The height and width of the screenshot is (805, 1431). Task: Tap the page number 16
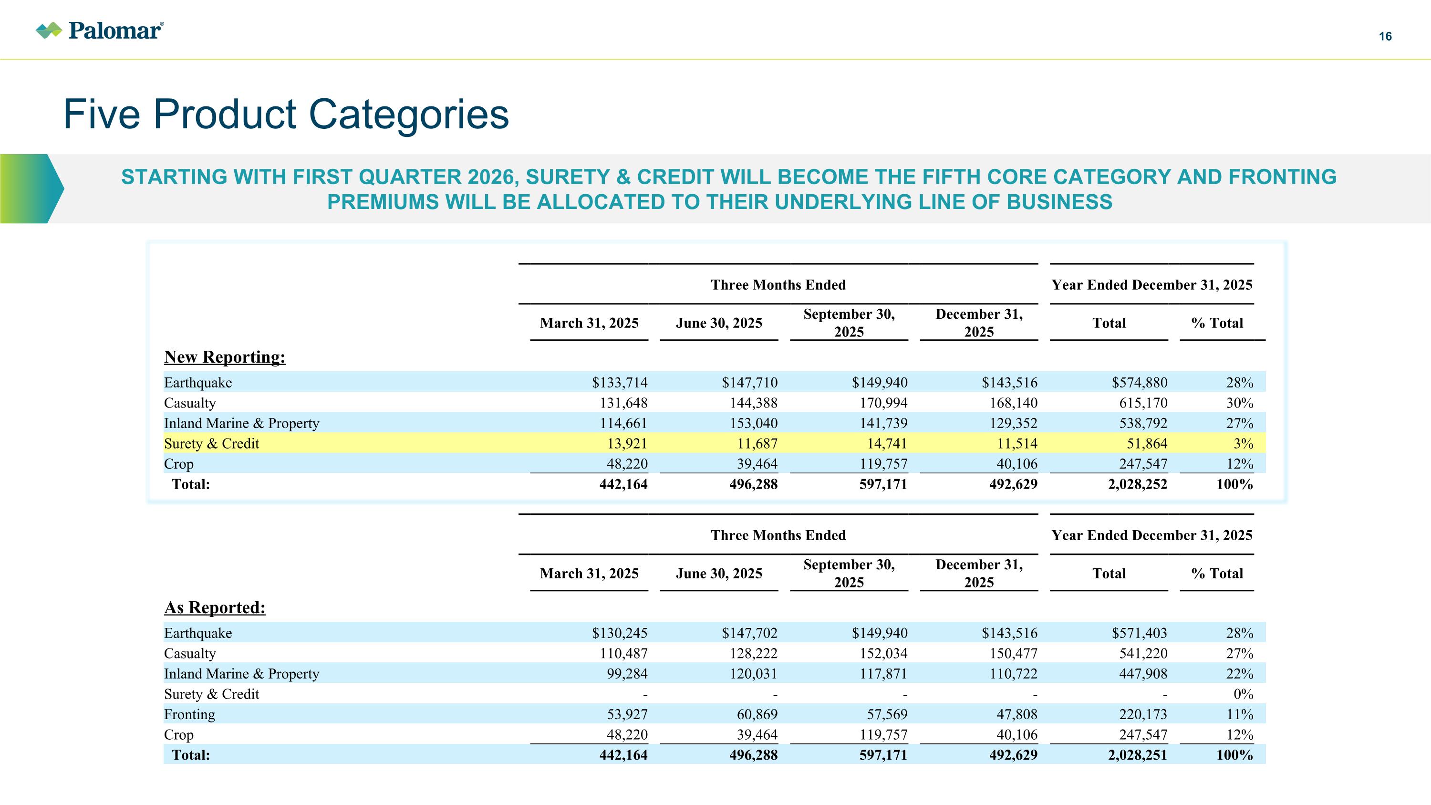[x=1385, y=37]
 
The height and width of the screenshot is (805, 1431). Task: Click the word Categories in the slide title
[x=408, y=115]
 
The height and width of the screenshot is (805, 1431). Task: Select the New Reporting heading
[x=224, y=356]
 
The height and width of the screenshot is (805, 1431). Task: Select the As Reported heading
[x=215, y=607]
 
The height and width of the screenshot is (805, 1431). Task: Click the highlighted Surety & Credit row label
[x=212, y=443]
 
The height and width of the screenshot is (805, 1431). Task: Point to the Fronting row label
[x=189, y=714]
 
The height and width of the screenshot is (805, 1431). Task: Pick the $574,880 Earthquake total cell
[x=1140, y=382]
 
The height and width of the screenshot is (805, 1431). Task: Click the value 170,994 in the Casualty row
[x=883, y=403]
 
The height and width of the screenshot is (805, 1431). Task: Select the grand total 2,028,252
[x=1138, y=484]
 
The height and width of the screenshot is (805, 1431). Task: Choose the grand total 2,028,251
[x=1138, y=754]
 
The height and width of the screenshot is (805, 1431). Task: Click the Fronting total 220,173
[x=1143, y=714]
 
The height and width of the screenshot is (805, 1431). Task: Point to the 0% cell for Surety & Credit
[x=1243, y=694]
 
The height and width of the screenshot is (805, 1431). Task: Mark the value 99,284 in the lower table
[x=627, y=673]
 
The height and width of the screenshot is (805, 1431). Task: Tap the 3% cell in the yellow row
[x=1243, y=443]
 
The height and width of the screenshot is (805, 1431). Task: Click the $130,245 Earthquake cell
[x=620, y=633]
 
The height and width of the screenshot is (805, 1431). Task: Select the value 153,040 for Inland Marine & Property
[x=753, y=423]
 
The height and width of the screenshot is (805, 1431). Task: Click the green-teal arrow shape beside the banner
[x=32, y=189]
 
